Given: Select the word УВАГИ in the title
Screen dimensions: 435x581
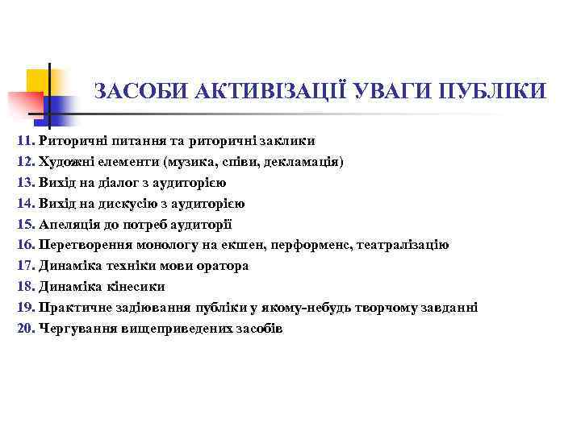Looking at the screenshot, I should point(390,91).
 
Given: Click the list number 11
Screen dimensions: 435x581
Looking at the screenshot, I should point(25,140).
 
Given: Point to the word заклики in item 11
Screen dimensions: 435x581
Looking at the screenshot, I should point(274,140).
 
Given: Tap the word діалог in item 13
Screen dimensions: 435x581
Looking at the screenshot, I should point(118,182).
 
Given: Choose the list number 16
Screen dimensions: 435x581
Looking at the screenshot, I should point(25,245).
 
